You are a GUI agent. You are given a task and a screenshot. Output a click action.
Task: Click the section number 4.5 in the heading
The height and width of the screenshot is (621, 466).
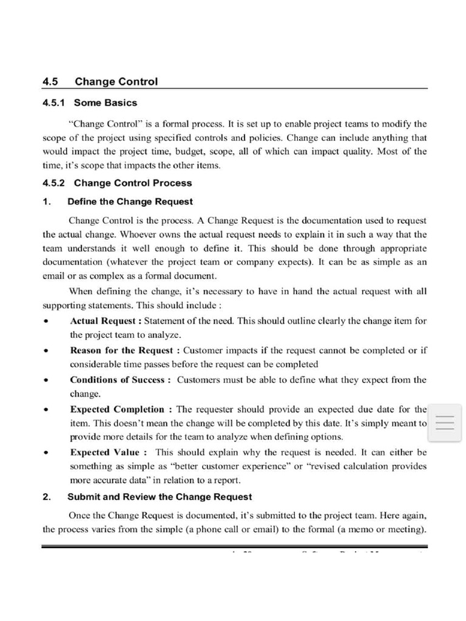tap(50, 81)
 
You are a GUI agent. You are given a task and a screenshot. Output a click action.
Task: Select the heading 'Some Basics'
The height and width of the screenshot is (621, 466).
tap(106, 102)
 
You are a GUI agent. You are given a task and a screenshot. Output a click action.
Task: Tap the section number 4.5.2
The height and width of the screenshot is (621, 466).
tap(55, 183)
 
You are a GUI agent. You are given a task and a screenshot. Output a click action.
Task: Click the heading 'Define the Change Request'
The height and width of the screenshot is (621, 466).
tap(130, 201)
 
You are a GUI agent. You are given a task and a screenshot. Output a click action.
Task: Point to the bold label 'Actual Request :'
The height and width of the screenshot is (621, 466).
tap(106, 321)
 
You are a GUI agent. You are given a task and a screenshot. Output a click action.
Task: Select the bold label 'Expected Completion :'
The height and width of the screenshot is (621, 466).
tap(122, 409)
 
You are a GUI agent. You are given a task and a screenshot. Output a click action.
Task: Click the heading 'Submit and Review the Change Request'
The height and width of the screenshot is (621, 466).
tap(159, 497)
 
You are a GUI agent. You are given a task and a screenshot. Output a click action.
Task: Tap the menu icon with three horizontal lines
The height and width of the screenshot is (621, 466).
tap(445, 422)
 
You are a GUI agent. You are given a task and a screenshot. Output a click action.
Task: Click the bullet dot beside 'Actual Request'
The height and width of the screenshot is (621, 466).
tap(46, 321)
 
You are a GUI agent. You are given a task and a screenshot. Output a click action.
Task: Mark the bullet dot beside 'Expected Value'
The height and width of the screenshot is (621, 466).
tap(46, 452)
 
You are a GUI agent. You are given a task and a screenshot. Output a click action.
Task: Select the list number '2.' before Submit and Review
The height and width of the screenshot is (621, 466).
tap(47, 497)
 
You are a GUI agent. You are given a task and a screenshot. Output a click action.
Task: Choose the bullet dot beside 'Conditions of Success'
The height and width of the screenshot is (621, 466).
tap(46, 380)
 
